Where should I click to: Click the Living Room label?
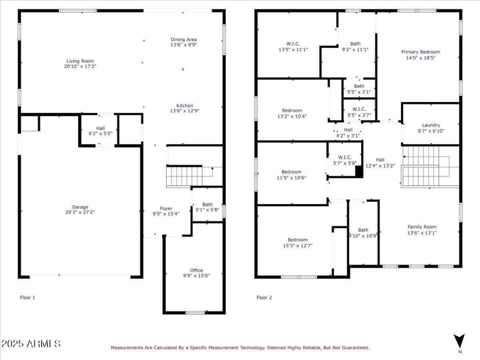80,61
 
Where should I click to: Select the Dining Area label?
184,40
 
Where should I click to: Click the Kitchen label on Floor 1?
184,105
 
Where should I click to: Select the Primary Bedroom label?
420,52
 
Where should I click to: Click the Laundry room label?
431,125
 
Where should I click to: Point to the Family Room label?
422,227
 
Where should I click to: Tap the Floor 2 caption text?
265,298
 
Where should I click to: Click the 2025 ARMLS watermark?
31,344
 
